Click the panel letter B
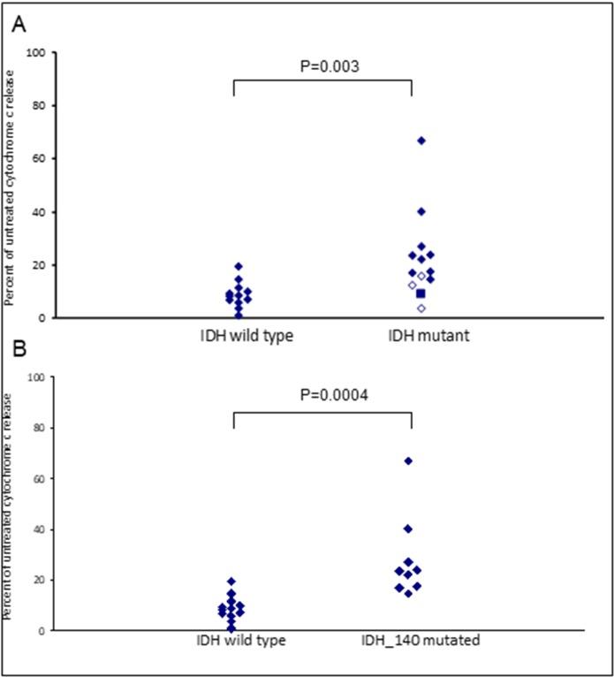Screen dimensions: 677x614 pyautogui.click(x=18, y=352)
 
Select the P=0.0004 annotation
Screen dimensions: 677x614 pyautogui.click(x=322, y=394)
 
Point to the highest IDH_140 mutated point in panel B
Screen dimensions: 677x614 pyautogui.click(x=408, y=461)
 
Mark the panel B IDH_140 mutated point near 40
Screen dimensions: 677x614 pyautogui.click(x=408, y=529)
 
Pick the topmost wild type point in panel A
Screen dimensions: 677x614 pyautogui.click(x=238, y=266)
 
